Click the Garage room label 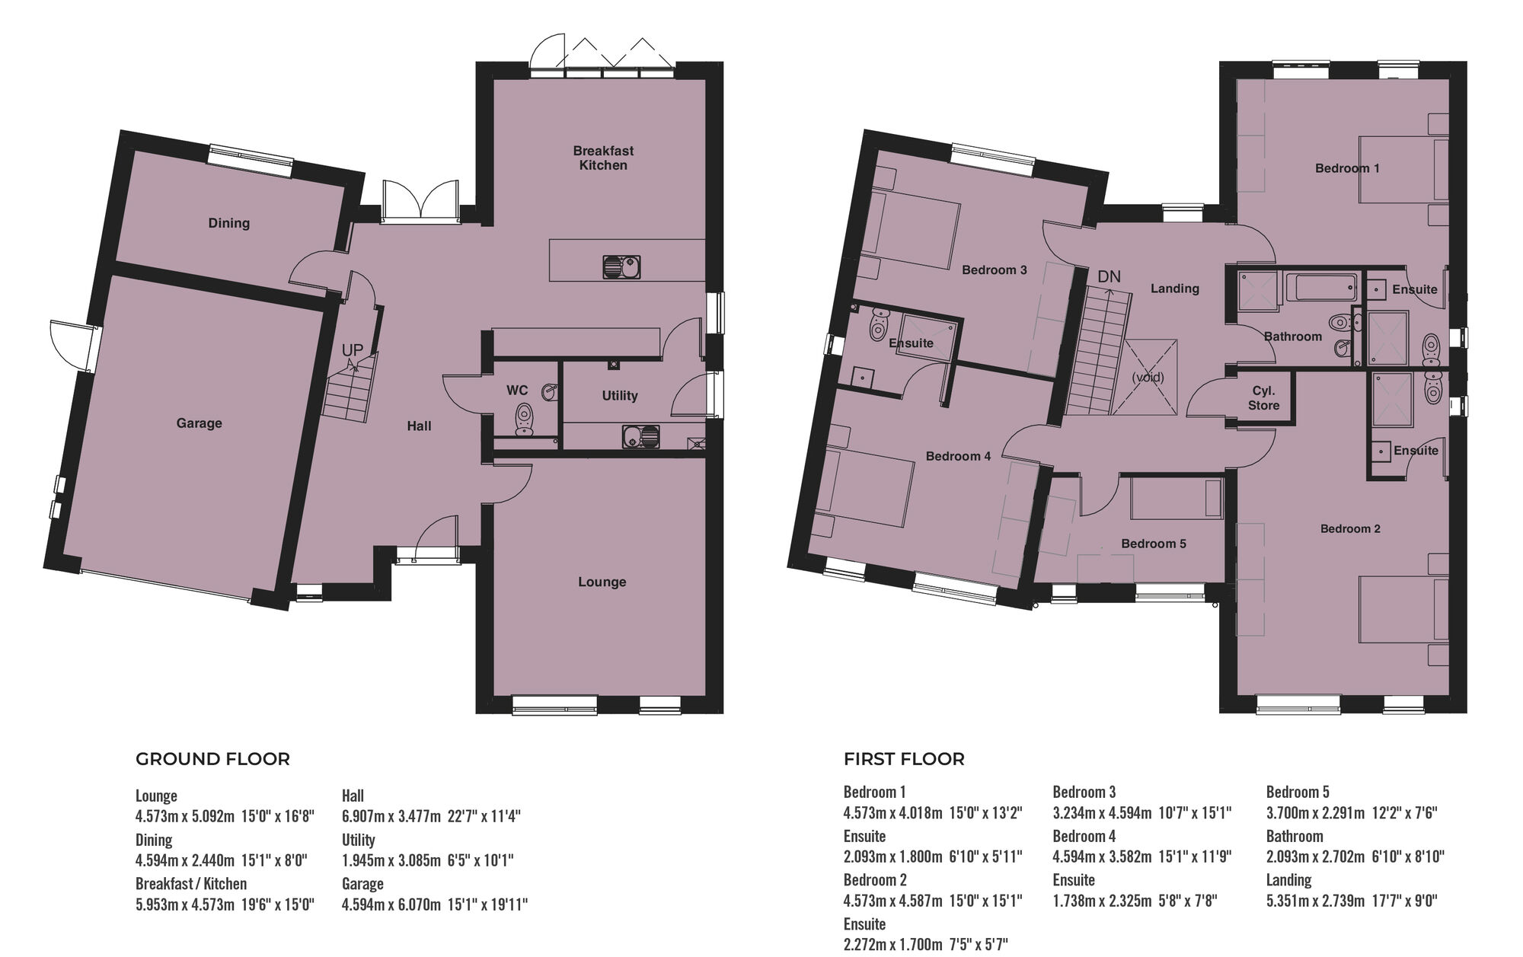tap(199, 423)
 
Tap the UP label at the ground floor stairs tap(352, 350)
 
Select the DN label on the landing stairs tap(1109, 277)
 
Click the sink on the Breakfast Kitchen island tap(622, 267)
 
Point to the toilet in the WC tap(524, 418)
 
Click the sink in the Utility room tap(641, 437)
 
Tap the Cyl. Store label tap(1263, 398)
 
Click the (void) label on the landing tap(1148, 378)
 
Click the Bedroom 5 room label tap(1153, 544)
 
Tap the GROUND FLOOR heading tap(212, 759)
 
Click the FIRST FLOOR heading tap(904, 759)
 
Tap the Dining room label tap(228, 223)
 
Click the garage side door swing tap(67, 344)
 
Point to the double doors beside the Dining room tap(420, 203)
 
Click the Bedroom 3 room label tap(994, 270)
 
